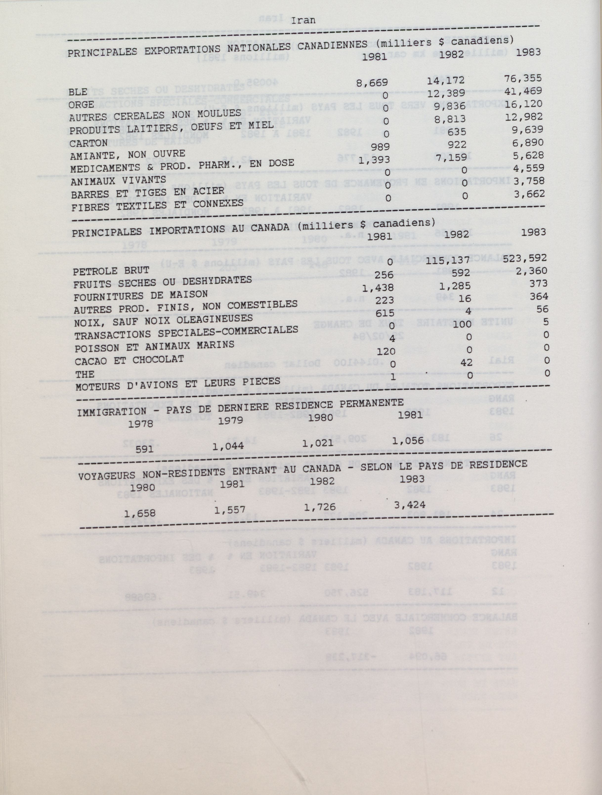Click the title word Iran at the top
point(303,20)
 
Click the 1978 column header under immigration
point(141,423)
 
